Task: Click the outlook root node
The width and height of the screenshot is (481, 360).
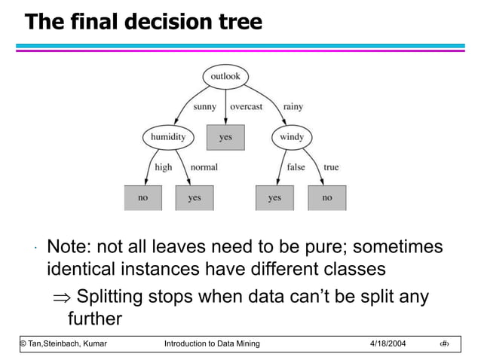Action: tap(225, 77)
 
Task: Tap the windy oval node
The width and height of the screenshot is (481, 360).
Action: tap(291, 138)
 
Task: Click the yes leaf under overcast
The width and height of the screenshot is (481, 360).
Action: tap(225, 138)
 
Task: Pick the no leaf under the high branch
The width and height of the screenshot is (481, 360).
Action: tap(142, 197)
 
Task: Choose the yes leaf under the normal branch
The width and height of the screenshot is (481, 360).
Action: tap(195, 197)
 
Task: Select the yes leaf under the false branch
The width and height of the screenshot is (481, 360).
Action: tap(274, 197)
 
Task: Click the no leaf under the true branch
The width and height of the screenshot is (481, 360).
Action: tap(326, 197)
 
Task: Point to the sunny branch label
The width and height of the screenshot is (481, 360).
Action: tap(204, 107)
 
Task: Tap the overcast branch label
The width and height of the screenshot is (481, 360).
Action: tap(247, 107)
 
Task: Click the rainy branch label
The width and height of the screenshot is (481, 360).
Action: tap(293, 107)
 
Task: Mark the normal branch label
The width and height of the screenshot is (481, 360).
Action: tap(204, 167)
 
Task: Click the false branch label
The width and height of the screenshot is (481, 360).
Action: tap(296, 167)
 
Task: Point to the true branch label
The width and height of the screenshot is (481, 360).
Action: tap(331, 167)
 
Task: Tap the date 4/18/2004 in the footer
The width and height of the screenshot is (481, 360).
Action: tap(388, 344)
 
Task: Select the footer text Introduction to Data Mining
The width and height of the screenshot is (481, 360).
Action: tap(212, 344)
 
